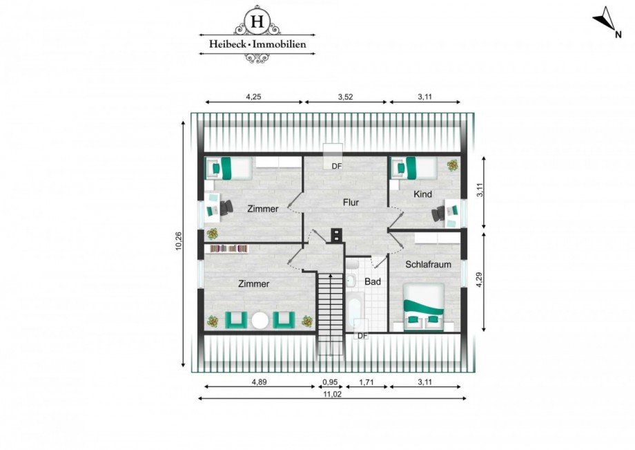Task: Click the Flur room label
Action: (353, 203)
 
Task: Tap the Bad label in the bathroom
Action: (373, 282)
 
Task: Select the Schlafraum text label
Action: (424, 265)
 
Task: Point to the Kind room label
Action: (422, 194)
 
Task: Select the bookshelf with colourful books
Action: (228, 248)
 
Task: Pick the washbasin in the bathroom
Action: (351, 279)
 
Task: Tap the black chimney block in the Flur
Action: (336, 234)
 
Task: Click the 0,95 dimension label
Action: (331, 382)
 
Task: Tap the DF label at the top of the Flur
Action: (336, 166)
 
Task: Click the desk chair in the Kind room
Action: (438, 214)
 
